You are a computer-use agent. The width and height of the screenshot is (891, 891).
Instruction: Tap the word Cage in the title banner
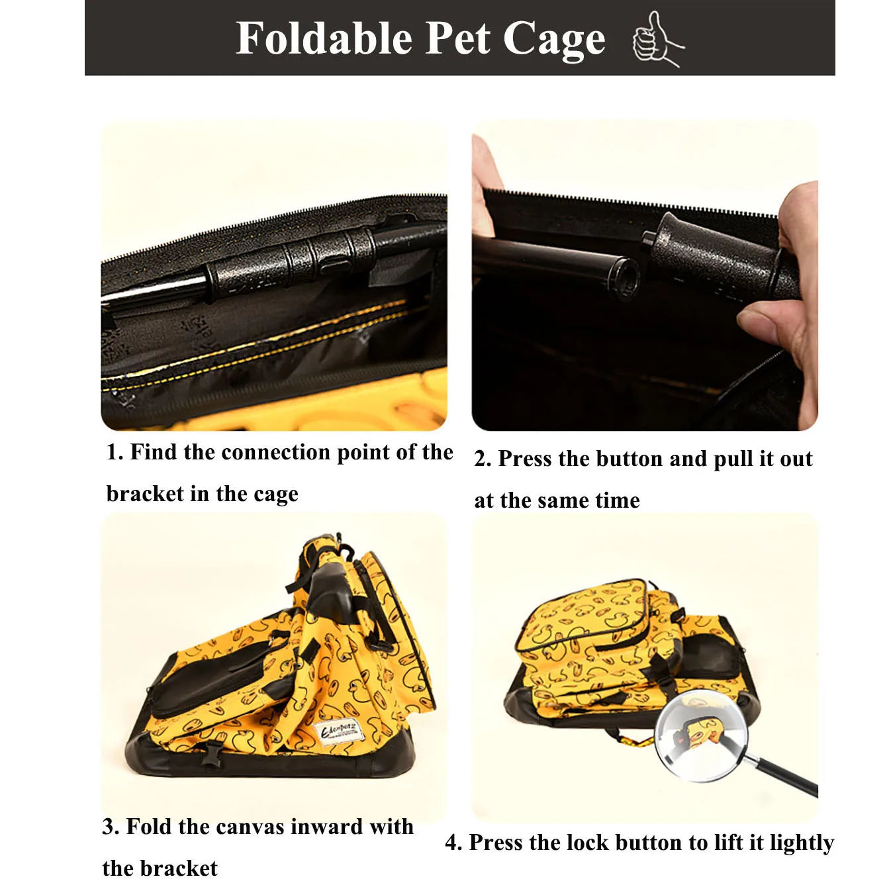[554, 40]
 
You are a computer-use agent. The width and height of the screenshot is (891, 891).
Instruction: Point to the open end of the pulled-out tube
[628, 277]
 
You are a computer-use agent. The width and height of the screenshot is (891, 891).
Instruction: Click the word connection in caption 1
[275, 452]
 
